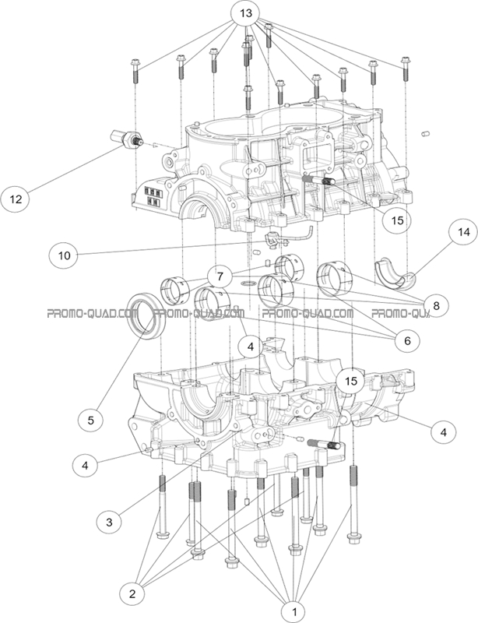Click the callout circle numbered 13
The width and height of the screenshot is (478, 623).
click(x=245, y=15)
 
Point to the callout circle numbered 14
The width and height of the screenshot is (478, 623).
click(x=465, y=233)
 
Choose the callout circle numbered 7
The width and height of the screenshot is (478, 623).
click(x=220, y=276)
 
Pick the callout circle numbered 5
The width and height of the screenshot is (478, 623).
click(x=91, y=420)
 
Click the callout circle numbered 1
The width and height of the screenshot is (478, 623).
click(x=293, y=611)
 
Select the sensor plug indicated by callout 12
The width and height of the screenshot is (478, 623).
click(x=126, y=139)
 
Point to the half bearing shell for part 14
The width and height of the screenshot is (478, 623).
click(x=395, y=272)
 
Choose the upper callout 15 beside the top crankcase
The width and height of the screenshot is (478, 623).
click(x=397, y=220)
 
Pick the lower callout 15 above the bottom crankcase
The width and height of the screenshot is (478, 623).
click(x=351, y=381)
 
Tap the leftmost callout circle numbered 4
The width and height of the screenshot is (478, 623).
click(x=86, y=466)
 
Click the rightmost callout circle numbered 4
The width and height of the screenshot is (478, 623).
click(x=443, y=431)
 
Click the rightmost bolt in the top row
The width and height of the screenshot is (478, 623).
click(x=404, y=68)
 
